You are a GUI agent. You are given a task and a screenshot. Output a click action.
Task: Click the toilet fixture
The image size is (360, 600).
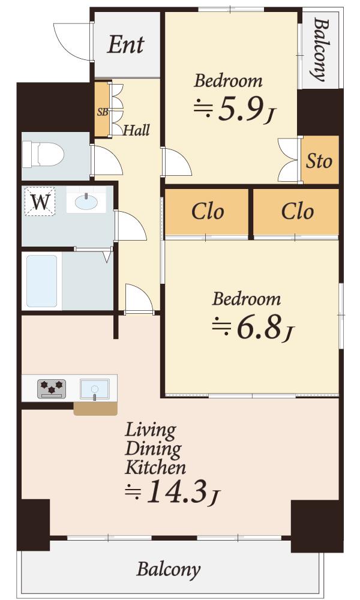click(43, 155)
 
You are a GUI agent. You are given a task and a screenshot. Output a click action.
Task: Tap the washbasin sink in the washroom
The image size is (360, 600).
click(86, 201)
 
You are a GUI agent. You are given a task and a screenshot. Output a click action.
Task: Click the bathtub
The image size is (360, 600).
click(42, 281)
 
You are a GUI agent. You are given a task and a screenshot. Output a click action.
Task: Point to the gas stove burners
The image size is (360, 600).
click(52, 388)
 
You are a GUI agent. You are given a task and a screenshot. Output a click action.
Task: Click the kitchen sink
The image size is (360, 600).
click(94, 389)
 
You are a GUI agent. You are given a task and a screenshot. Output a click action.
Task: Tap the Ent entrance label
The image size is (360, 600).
click(125, 45)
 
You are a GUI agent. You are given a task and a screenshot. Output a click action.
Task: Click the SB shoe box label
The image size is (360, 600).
click(102, 113)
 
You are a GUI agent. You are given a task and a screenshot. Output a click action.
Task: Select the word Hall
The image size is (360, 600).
click(137, 130)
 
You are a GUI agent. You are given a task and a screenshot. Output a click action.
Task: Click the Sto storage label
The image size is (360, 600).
click(319, 161)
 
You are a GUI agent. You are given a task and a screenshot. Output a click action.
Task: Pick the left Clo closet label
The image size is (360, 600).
click(208, 211)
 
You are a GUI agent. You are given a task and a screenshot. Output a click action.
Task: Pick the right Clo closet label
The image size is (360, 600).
click(297, 211)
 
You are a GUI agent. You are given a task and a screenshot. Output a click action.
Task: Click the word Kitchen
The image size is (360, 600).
click(156, 467)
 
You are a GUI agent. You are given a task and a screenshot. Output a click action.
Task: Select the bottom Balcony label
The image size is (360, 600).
click(169, 569)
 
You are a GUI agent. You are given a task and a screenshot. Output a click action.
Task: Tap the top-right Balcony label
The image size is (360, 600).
click(320, 49)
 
